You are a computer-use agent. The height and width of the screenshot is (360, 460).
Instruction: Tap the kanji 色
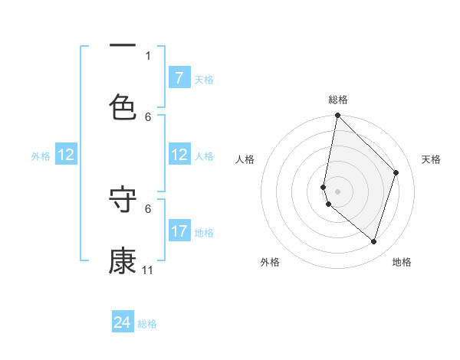[x=123, y=107]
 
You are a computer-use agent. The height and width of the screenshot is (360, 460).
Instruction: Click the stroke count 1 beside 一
[x=148, y=55]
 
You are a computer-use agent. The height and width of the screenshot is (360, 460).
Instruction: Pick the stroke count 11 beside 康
[x=148, y=270]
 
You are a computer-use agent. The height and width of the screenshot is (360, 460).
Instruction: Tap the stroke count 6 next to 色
[x=148, y=116]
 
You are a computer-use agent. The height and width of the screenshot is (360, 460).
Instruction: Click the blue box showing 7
[x=179, y=78]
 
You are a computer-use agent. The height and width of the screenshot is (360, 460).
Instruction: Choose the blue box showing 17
[x=179, y=231]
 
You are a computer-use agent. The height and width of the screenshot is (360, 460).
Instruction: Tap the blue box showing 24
[x=123, y=322]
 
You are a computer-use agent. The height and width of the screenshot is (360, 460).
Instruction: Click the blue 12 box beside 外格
[x=66, y=155]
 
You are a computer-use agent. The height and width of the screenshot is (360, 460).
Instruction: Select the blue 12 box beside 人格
[x=179, y=155]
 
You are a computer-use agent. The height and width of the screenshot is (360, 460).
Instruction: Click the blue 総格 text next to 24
[x=147, y=324]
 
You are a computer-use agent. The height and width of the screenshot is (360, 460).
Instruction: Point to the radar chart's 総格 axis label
[x=338, y=100]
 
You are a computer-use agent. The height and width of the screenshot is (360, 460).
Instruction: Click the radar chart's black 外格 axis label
[x=270, y=262]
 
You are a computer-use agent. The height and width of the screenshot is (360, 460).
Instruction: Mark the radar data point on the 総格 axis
[x=337, y=116]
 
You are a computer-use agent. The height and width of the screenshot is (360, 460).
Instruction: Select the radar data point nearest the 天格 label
[x=396, y=172]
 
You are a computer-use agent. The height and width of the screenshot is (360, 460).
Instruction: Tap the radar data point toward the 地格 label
[x=374, y=241]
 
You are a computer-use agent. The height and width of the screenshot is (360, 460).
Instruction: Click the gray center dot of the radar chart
[x=337, y=191]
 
